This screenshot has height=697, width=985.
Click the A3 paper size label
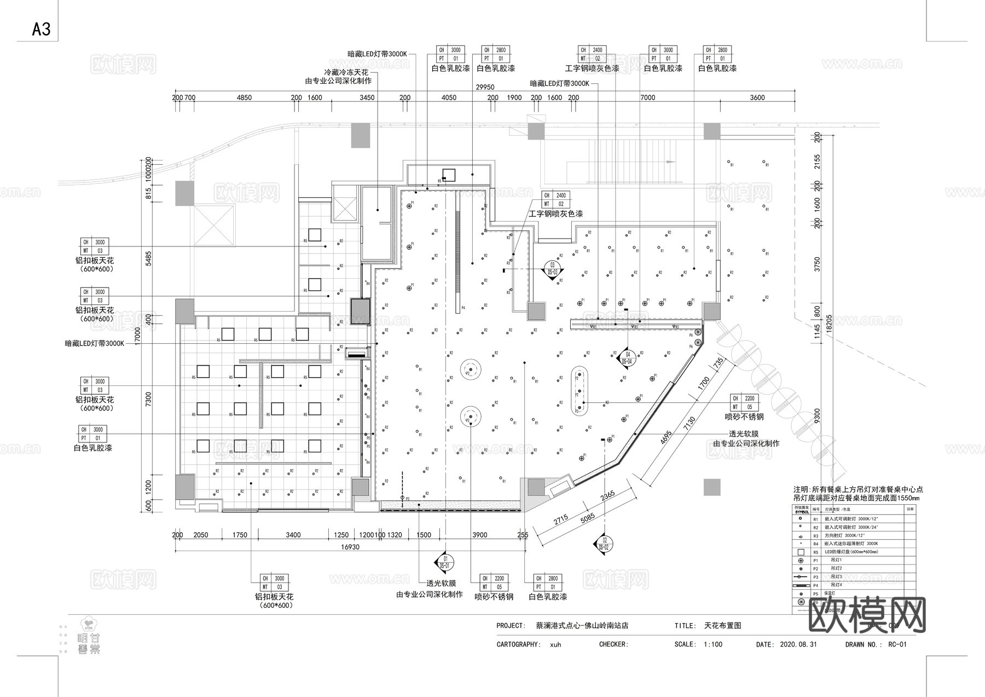41,29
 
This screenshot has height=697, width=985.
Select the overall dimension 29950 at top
485,87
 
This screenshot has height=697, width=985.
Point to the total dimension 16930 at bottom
350,546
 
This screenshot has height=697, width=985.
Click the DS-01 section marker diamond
444,562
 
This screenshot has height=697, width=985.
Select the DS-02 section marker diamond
604,543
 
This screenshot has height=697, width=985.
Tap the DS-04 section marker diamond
627,358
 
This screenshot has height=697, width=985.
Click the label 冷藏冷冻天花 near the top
346,72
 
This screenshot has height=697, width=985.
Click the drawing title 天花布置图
722,625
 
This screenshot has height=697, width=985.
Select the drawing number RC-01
897,644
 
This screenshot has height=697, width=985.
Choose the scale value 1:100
712,644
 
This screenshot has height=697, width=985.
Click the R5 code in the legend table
815,552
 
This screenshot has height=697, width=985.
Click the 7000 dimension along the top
647,97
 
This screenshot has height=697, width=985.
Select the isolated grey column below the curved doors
712,487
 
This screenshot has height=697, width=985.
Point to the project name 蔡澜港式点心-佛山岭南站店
581,625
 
